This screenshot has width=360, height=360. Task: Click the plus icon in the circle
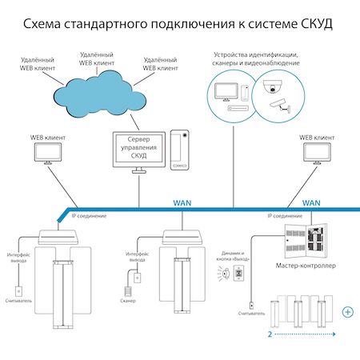[347, 311]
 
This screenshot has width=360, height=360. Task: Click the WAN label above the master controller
[313, 203]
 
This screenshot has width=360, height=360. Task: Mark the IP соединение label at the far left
[89, 216]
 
